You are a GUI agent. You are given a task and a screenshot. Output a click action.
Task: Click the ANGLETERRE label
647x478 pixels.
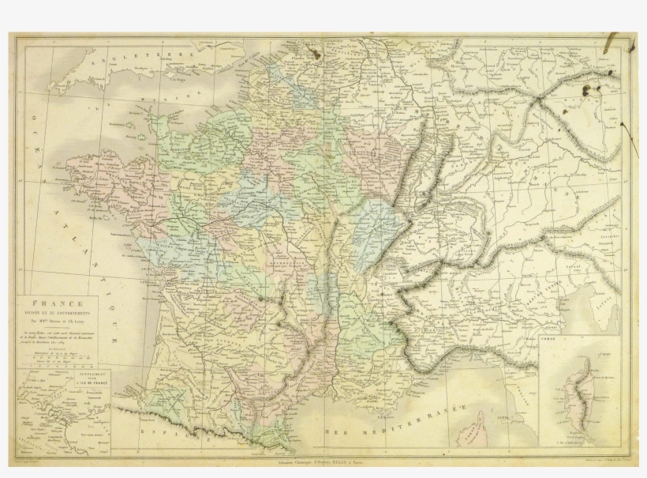point(143,59)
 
